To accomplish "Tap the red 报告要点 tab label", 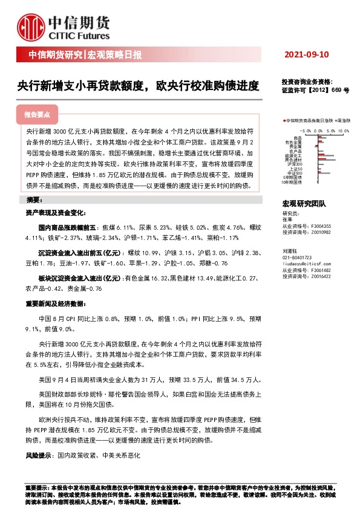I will point(41,114).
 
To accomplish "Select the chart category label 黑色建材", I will point(294,160).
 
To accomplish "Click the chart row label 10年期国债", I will point(293,182).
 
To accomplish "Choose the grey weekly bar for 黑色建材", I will point(326,160).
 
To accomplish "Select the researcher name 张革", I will point(287,219).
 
